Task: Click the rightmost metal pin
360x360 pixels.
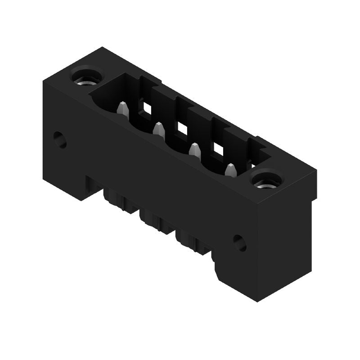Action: tap(230, 171)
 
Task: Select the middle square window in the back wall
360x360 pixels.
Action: tap(182, 128)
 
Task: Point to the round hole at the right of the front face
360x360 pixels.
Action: tap(240, 243)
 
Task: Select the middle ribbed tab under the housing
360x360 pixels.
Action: tap(155, 220)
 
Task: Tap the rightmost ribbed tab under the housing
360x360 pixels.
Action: tap(191, 241)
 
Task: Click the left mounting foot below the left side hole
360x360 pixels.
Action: tap(67, 180)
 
